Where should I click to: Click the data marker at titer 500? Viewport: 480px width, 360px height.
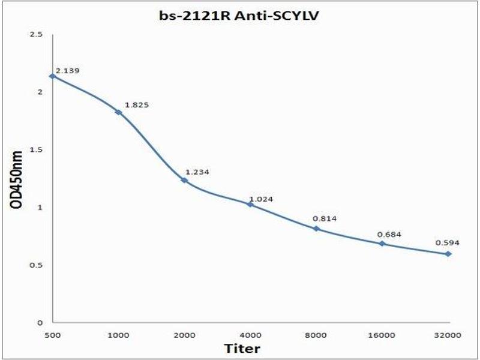click(53, 76)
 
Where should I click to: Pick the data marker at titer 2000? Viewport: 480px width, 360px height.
click(184, 180)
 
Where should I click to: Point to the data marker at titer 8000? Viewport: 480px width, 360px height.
click(316, 229)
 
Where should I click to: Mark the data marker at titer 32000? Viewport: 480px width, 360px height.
click(448, 254)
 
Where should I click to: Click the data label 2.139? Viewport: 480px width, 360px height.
click(67, 70)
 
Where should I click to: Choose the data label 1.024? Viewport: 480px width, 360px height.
click(262, 199)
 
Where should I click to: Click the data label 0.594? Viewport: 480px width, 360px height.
click(447, 243)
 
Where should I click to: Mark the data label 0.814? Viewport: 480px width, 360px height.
click(325, 218)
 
